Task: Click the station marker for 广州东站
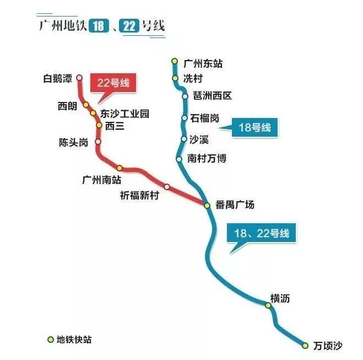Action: (175, 61)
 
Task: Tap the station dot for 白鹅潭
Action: (79, 77)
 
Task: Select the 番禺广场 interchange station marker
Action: (207, 205)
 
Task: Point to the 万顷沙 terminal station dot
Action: (305, 346)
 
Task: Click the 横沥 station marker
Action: (268, 305)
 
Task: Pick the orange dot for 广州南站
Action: (120, 168)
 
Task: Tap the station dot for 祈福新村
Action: (167, 187)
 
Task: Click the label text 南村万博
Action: (207, 158)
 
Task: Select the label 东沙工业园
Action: (124, 114)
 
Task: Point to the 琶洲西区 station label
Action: (212, 95)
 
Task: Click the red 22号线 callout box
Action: (113, 83)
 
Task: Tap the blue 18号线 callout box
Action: (254, 127)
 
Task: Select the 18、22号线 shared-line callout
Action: (262, 233)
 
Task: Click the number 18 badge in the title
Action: (99, 25)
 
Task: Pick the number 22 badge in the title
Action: (129, 26)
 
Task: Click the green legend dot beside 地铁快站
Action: (51, 340)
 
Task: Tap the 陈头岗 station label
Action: (73, 142)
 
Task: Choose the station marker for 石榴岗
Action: (185, 118)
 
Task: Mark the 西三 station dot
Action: (99, 125)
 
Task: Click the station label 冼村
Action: (193, 78)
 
